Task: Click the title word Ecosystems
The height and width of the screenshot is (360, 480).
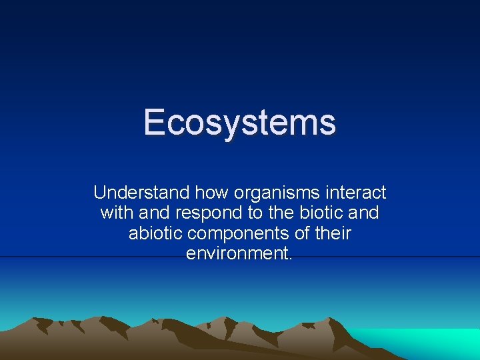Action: (x=239, y=123)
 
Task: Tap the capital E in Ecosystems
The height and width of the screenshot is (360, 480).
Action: (x=154, y=123)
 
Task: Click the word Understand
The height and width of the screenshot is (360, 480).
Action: (x=141, y=193)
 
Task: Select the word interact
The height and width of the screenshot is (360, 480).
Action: (x=357, y=193)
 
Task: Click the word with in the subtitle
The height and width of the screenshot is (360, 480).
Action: (x=115, y=213)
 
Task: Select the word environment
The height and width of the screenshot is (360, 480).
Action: (x=237, y=253)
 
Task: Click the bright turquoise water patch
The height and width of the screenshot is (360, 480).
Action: (x=427, y=341)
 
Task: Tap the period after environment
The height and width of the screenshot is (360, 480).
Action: (x=291, y=259)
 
